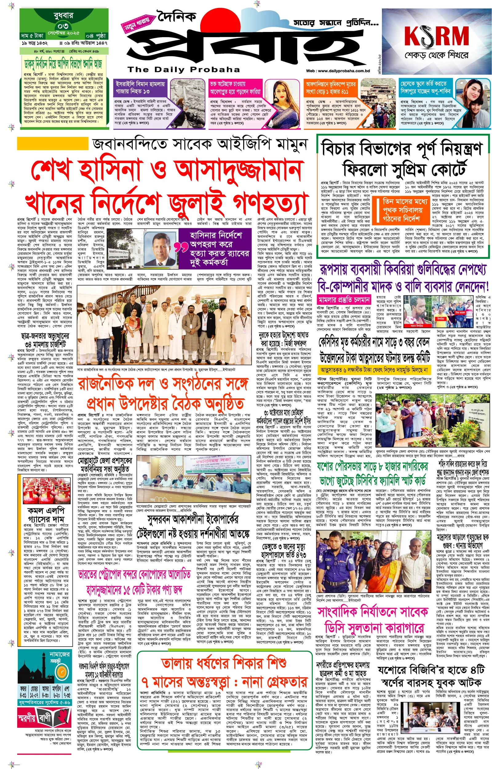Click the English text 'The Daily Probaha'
point(183,69)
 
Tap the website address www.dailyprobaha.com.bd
point(337,71)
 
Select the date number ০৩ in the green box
point(63,25)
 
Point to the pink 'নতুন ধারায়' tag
point(137,24)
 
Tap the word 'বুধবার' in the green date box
point(63,15)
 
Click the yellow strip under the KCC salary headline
point(374,370)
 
